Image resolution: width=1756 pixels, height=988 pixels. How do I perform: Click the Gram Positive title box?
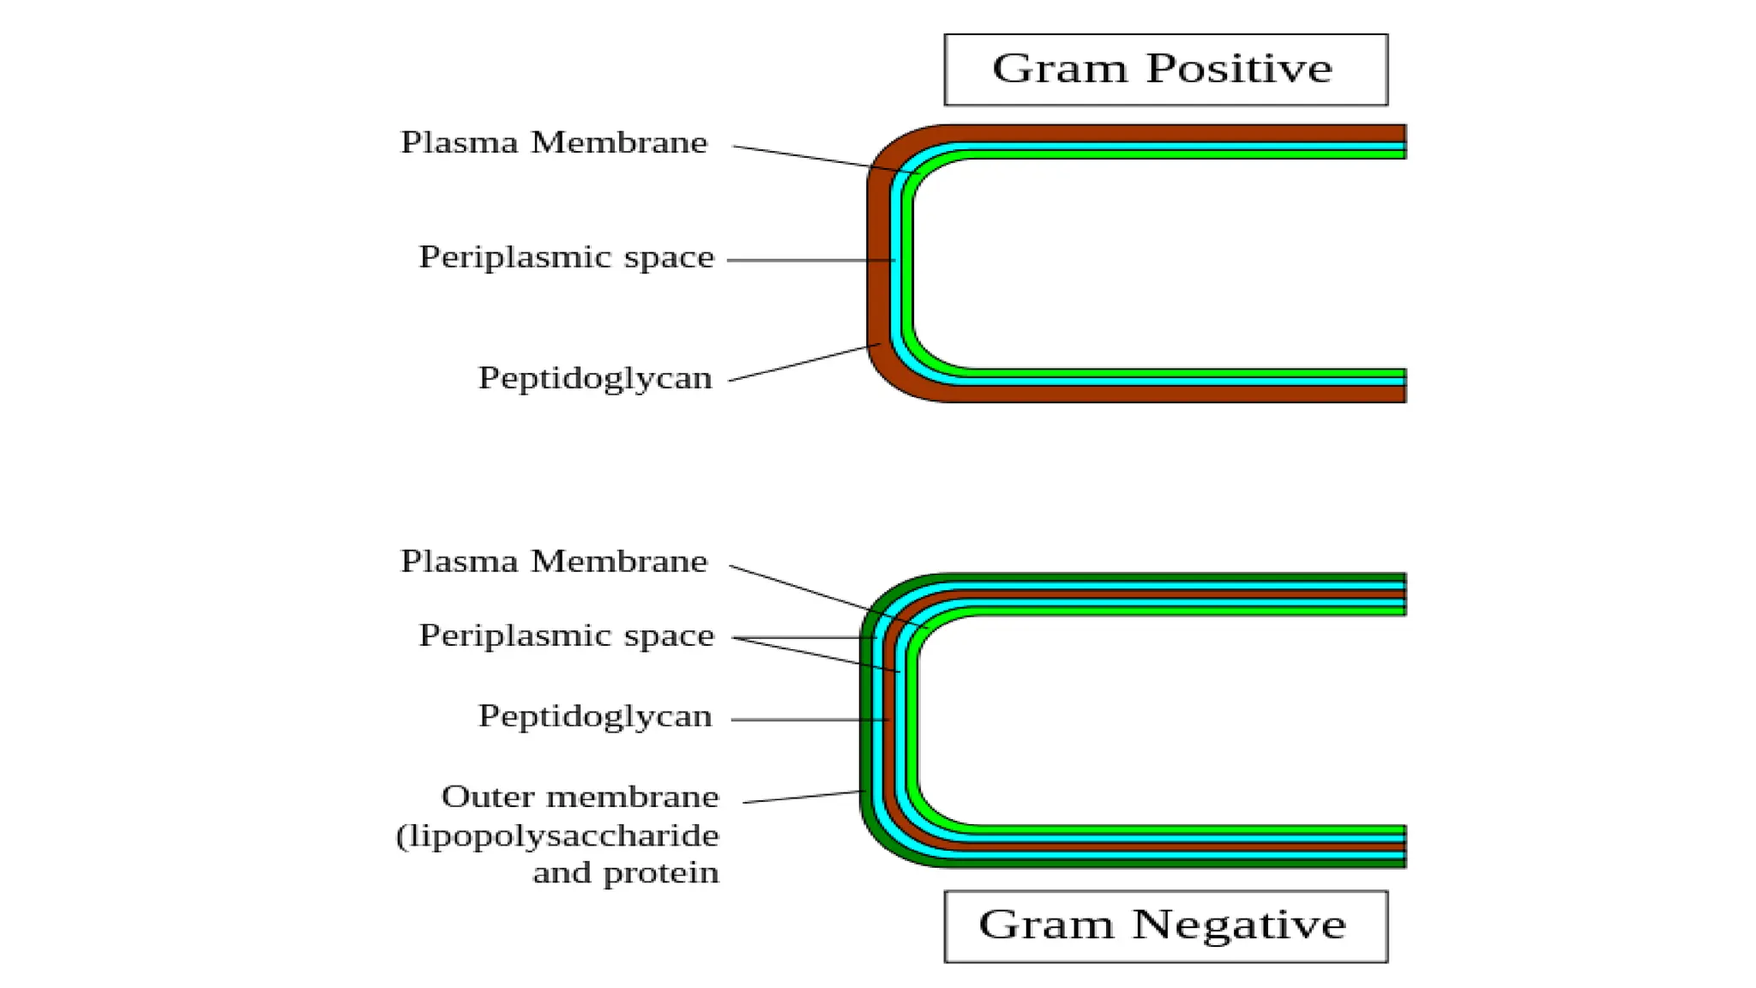pyautogui.click(x=1165, y=69)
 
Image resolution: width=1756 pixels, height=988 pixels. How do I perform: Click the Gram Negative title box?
pyautogui.click(x=1165, y=926)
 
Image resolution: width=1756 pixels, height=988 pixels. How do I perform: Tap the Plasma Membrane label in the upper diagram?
pyautogui.click(x=554, y=142)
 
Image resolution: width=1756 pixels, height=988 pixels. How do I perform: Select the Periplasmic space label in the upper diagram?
pyautogui.click(x=566, y=257)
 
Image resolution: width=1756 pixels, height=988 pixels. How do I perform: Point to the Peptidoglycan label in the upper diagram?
pyautogui.click(x=595, y=378)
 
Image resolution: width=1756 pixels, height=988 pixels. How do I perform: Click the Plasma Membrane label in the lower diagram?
pyautogui.click(x=554, y=562)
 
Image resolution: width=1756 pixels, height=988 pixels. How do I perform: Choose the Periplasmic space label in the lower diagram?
pyautogui.click(x=566, y=636)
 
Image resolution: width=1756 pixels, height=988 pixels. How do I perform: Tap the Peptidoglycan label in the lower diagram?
pyautogui.click(x=595, y=716)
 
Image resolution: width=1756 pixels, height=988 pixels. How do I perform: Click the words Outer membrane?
pyautogui.click(x=580, y=797)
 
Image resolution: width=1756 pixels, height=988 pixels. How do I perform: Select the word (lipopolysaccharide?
pyautogui.click(x=557, y=835)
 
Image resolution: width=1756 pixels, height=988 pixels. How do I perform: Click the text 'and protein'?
pyautogui.click(x=625, y=873)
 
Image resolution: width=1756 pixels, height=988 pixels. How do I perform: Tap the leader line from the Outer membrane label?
pyautogui.click(x=802, y=797)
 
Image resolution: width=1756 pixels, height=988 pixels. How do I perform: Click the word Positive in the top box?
pyautogui.click(x=1239, y=69)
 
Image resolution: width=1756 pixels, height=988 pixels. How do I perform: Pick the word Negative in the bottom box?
pyautogui.click(x=1239, y=925)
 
